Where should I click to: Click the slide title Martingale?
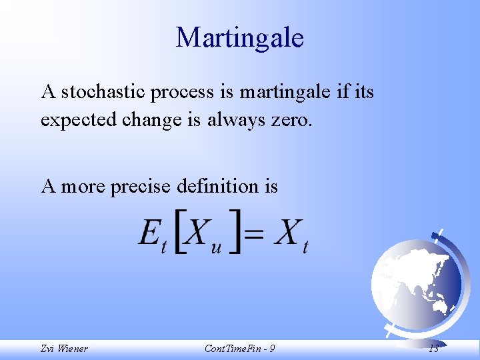point(239,37)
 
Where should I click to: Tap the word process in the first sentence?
point(183,93)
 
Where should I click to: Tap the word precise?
point(141,186)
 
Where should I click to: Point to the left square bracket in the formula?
point(179,234)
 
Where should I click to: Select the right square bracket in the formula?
point(235,234)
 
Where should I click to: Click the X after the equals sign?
point(287,233)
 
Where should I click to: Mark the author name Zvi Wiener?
point(64,349)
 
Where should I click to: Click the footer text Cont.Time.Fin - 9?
point(239,349)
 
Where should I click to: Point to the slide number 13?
point(433,349)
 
